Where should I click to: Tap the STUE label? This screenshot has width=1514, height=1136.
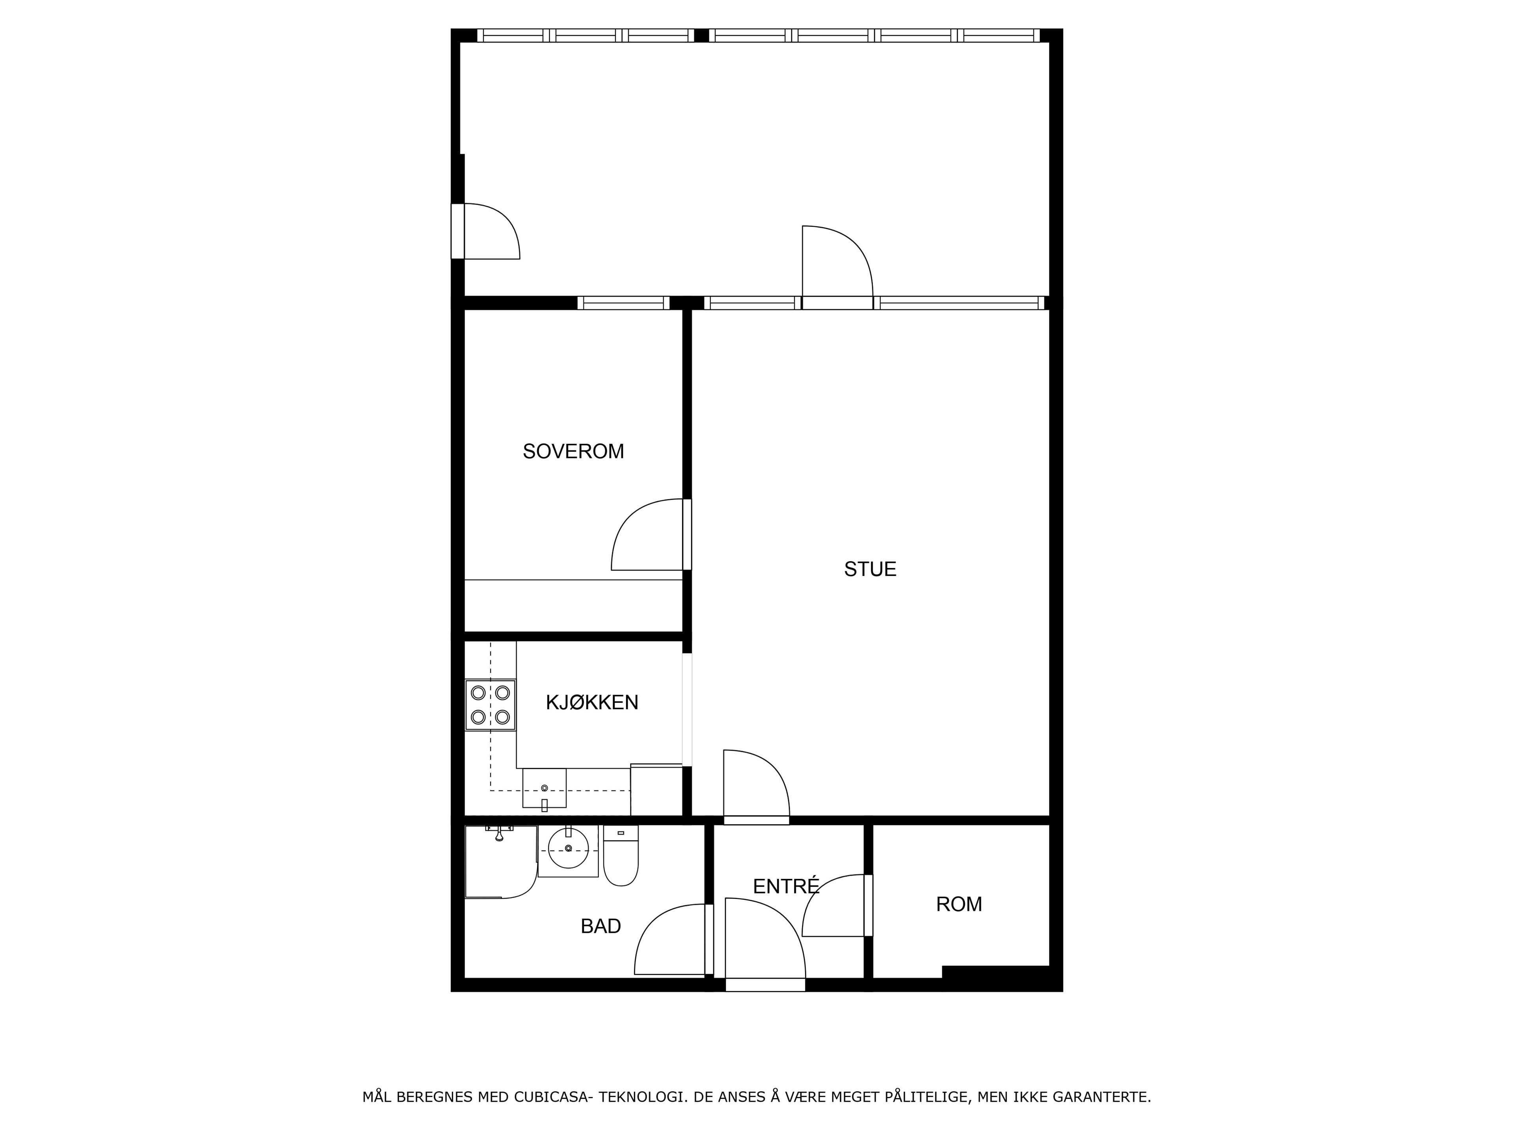click(x=870, y=569)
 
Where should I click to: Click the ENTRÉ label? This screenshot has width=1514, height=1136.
click(x=786, y=886)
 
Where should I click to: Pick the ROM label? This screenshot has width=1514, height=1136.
click(x=959, y=904)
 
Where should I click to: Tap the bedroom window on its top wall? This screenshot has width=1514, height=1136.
click(x=623, y=303)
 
